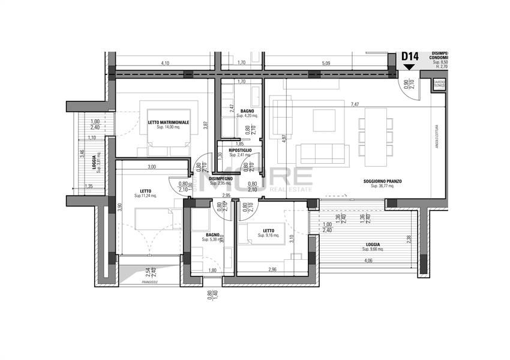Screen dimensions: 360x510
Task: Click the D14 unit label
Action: (410, 56)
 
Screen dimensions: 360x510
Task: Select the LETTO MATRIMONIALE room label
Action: (169, 122)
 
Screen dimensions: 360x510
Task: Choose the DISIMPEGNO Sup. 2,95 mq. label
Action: (221, 179)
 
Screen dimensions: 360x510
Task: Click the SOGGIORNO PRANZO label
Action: (382, 182)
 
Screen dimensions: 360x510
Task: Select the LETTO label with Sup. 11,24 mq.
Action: (145, 193)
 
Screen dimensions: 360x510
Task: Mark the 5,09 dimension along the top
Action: (325, 62)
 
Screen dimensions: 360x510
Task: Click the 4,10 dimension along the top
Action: (165, 62)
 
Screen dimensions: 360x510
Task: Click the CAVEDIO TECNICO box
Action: (439, 84)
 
